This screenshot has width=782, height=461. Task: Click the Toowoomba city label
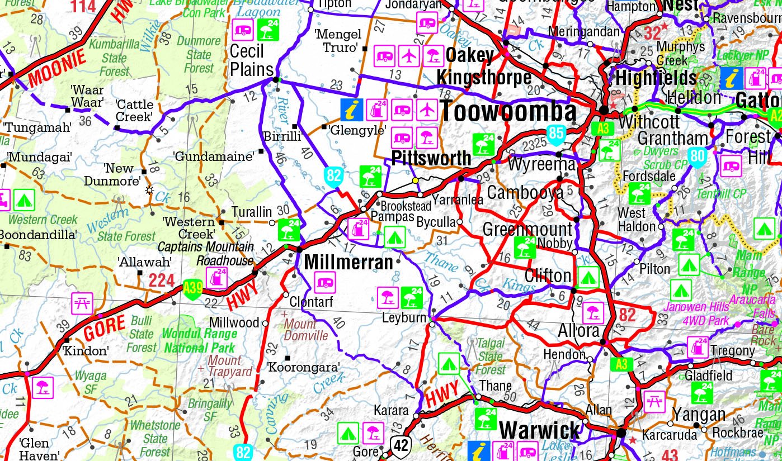(x=508, y=111)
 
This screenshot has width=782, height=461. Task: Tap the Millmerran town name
(x=348, y=262)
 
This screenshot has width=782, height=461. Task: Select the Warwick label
(x=540, y=431)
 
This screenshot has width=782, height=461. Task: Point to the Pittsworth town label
(x=431, y=158)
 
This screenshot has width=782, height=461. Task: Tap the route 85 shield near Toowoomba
(x=555, y=135)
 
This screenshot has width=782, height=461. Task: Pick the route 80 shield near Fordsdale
(x=698, y=156)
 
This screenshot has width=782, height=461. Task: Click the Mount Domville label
(x=305, y=330)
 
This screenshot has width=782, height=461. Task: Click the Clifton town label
(x=548, y=275)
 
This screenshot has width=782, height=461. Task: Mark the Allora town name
(x=578, y=331)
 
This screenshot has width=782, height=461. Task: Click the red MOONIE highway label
(x=56, y=69)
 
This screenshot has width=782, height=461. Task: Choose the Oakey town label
(x=470, y=55)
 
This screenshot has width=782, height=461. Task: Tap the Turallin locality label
(x=252, y=212)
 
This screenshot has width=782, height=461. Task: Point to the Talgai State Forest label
(x=491, y=356)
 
